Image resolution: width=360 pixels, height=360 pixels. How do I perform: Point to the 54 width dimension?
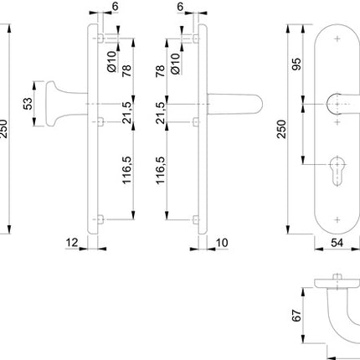pos(337,243)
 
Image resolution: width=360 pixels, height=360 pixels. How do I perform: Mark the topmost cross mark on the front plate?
pos(337,39)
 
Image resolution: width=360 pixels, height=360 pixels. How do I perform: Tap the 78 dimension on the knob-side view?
pos(125,74)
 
